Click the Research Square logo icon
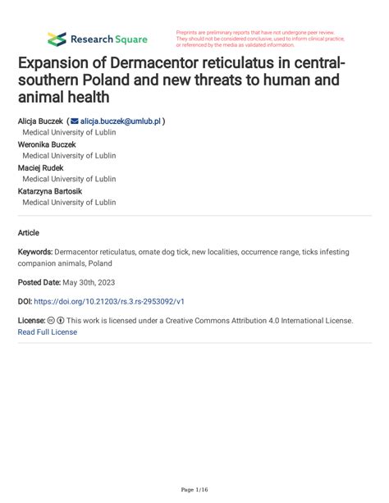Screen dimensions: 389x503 57,39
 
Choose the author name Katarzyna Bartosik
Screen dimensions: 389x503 51,190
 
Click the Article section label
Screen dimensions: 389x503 29,232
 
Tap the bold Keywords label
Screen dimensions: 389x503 35,252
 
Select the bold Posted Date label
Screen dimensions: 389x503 48,281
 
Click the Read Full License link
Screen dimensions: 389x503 47,332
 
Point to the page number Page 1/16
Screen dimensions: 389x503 194,490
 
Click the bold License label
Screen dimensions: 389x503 32,320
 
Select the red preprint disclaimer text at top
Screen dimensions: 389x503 259,39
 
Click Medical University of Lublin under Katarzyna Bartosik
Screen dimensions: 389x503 69,202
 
